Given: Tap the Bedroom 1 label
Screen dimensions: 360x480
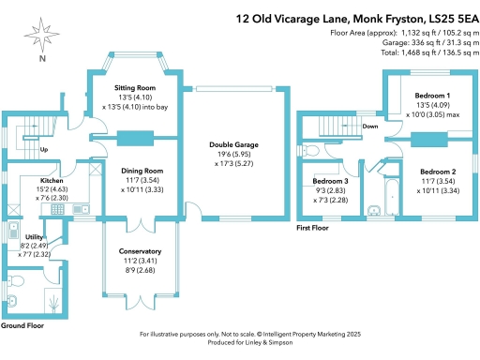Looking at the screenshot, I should pyautogui.click(x=433, y=96).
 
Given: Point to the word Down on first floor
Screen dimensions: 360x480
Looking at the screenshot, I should pyautogui.click(x=370, y=125).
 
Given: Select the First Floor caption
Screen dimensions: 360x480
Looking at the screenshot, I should pyautogui.click(x=312, y=228).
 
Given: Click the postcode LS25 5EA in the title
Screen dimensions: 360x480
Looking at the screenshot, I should pyautogui.click(x=443, y=17).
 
